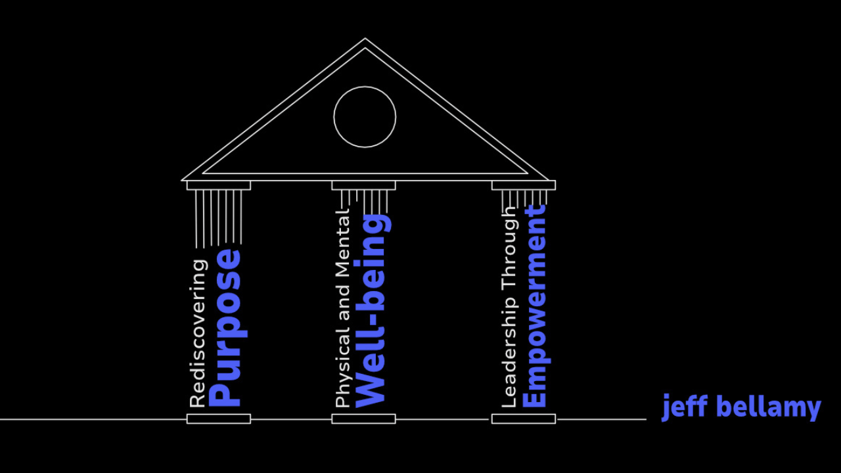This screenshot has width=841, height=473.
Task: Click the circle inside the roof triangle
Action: (x=365, y=117)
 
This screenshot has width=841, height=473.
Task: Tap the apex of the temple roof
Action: (x=365, y=39)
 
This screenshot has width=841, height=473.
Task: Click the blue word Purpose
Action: (x=225, y=328)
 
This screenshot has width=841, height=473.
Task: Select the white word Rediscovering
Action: (x=198, y=332)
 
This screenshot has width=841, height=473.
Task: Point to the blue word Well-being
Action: (x=371, y=311)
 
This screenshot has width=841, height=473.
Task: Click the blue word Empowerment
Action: (x=535, y=306)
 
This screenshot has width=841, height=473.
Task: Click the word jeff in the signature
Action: (x=684, y=407)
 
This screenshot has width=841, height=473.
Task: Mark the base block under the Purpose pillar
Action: (x=219, y=418)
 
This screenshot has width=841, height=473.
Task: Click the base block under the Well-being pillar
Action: (x=363, y=418)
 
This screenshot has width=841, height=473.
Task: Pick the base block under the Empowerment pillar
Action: (x=524, y=418)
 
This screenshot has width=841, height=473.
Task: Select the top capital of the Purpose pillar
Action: (x=219, y=185)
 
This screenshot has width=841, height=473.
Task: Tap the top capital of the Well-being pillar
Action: (x=363, y=185)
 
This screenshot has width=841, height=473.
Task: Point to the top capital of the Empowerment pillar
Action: (x=524, y=185)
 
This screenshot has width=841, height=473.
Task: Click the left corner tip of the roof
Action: (x=183, y=179)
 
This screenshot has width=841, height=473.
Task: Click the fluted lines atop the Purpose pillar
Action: (x=219, y=217)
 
